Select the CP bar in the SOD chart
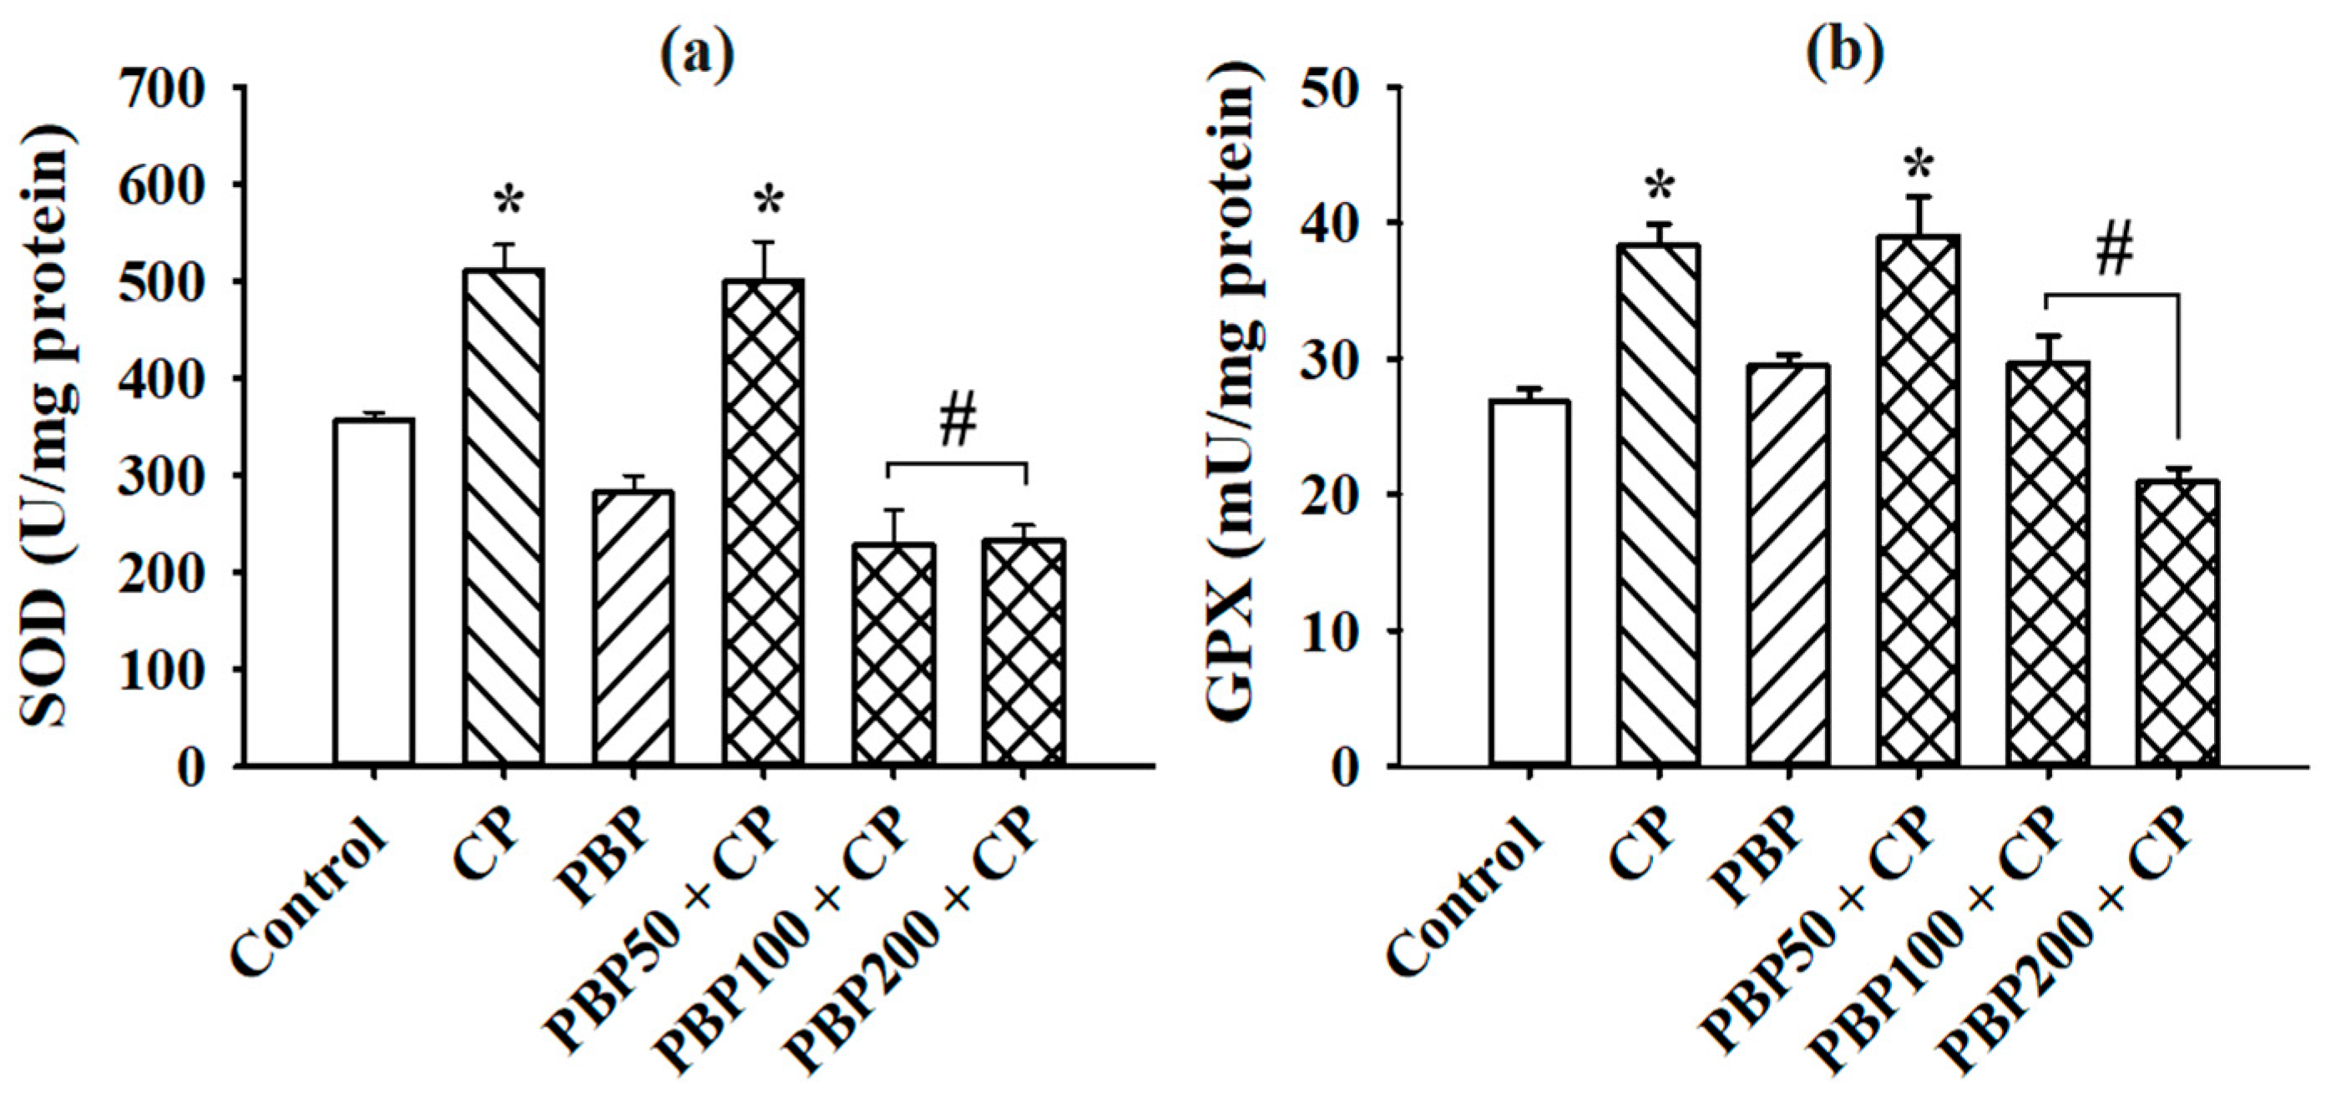(x=503, y=517)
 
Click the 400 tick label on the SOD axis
(x=172, y=379)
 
